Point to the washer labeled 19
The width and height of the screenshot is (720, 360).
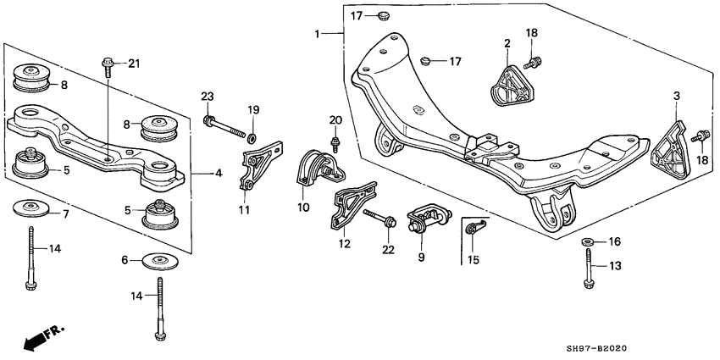click(x=252, y=135)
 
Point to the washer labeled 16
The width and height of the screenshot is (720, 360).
click(x=588, y=243)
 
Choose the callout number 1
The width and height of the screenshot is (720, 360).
click(x=318, y=36)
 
